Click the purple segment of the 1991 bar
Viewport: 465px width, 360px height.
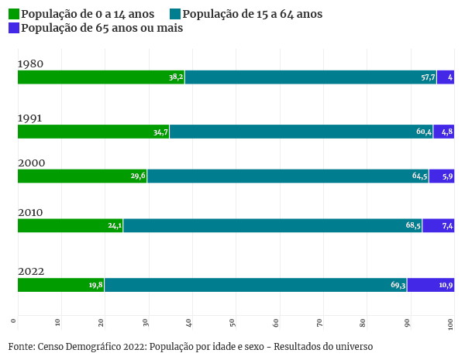[x=443, y=132]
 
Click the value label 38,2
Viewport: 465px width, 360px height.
[x=176, y=77]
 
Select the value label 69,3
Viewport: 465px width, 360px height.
[x=398, y=285]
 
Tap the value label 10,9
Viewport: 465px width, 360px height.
[x=446, y=285]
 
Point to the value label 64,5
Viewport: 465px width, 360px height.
[x=419, y=176]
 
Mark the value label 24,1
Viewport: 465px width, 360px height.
[x=115, y=225]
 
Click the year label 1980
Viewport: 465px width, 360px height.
[x=30, y=64]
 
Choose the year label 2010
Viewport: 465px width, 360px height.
[x=30, y=212]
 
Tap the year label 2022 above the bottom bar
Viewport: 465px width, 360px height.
[x=31, y=272]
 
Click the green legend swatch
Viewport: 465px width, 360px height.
[x=14, y=14]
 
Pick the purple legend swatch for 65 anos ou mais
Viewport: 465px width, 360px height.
[x=14, y=28]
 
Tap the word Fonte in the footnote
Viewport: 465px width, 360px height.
[x=21, y=346]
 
